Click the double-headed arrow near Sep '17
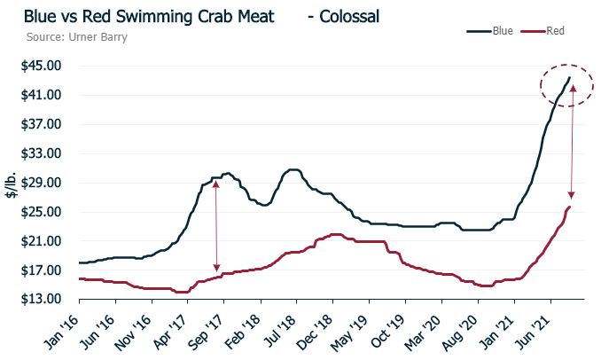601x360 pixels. (216, 226)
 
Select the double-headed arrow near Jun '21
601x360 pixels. (573, 142)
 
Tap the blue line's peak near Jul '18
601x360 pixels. (293, 169)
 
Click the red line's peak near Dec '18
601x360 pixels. (335, 234)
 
